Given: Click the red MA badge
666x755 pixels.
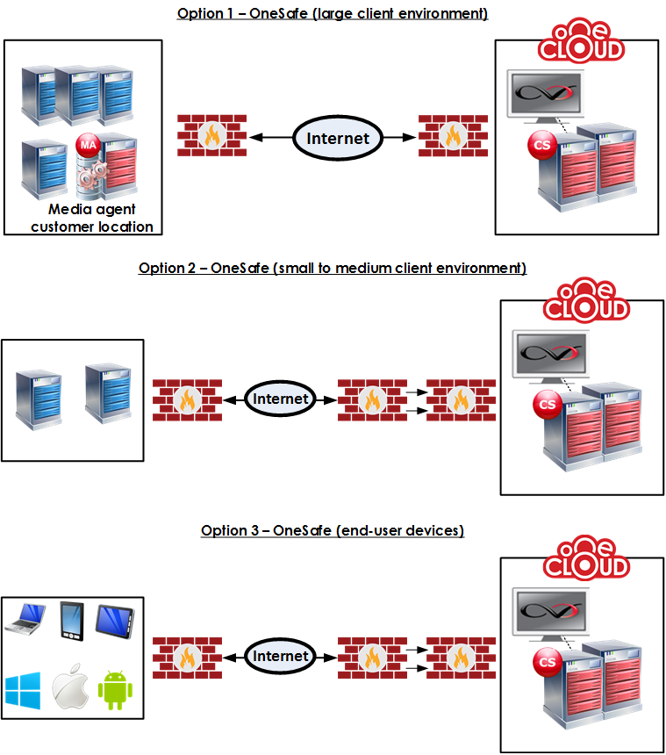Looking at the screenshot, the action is click(x=88, y=145).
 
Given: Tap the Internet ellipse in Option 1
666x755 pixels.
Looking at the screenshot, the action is click(x=338, y=138).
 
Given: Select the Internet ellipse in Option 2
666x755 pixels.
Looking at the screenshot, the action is click(x=281, y=399).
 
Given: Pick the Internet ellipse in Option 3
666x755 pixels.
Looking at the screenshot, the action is click(x=281, y=656).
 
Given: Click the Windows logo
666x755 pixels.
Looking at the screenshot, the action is click(x=23, y=691).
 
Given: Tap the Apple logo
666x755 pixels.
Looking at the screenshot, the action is click(x=70, y=687).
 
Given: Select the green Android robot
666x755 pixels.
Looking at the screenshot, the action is click(x=116, y=689).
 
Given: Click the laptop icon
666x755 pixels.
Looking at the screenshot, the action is click(x=25, y=618).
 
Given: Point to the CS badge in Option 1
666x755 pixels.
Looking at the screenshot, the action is click(x=542, y=145).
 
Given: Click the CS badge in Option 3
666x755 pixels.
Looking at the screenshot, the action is click(x=548, y=662).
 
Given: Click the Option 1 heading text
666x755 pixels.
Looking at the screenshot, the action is click(x=333, y=13).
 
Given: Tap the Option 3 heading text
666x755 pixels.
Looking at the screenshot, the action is click(x=333, y=530).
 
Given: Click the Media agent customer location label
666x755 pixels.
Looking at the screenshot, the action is click(x=92, y=218).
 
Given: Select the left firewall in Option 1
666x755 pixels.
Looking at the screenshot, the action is click(x=211, y=135).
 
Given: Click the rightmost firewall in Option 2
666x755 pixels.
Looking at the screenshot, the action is click(x=461, y=400).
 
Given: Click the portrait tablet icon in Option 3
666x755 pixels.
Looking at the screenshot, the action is click(x=72, y=621).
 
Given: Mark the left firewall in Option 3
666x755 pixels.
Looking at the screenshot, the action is click(x=187, y=658).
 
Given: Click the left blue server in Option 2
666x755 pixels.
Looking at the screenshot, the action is click(x=39, y=399).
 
